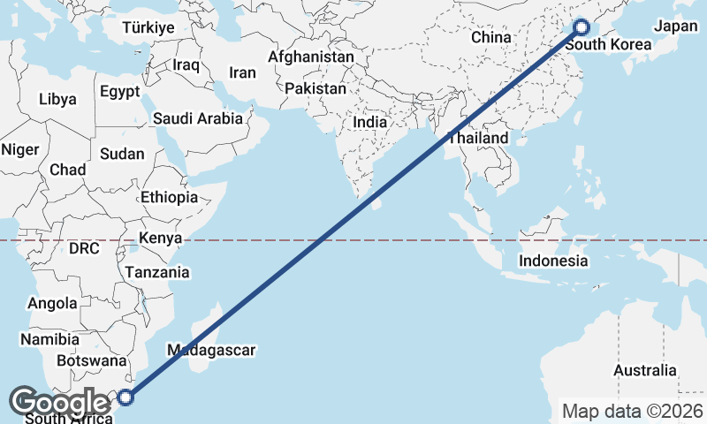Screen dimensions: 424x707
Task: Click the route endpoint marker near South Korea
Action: pos(582,27)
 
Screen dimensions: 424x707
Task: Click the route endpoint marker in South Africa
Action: pos(126,397)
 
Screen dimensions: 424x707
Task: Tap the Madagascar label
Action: pos(210,350)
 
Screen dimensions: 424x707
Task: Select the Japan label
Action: pos(676,26)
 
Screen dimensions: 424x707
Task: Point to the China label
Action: pos(491,38)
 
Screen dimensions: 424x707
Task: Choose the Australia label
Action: pos(645,370)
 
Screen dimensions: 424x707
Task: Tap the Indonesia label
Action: pos(553,261)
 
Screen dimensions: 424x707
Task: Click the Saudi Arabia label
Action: pos(199,118)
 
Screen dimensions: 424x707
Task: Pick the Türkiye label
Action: pos(148,27)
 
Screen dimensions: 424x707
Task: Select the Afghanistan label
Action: pos(311,57)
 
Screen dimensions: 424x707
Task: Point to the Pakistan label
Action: pos(315,89)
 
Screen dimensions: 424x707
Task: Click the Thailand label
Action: pos(478,139)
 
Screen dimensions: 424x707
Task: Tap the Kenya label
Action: pos(160,238)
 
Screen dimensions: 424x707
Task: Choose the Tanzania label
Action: pos(156,272)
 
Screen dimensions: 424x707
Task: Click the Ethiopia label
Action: pos(169,197)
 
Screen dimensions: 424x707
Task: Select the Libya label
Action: pos(57,99)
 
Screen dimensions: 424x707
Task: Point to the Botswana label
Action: pos(91,360)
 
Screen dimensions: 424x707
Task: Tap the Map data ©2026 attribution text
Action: pos(634,412)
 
